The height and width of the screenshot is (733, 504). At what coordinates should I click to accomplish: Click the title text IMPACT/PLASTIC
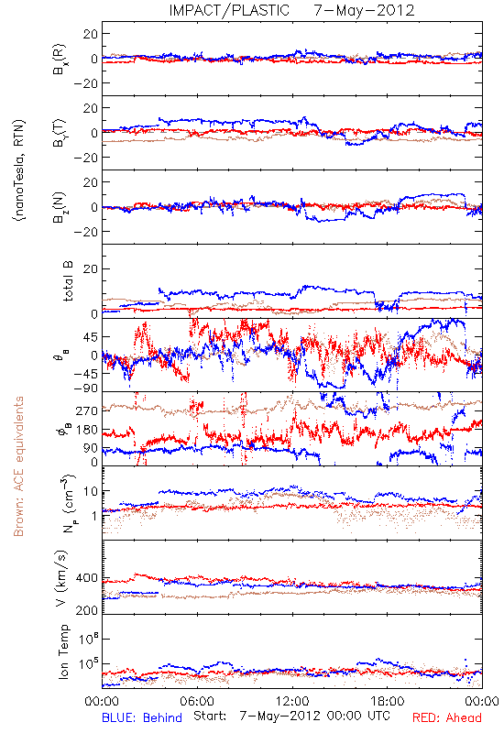(229, 10)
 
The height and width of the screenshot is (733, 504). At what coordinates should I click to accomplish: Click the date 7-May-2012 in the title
(364, 10)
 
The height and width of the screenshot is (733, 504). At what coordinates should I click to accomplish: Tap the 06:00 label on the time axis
(197, 701)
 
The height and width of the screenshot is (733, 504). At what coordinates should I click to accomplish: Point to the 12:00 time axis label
(292, 701)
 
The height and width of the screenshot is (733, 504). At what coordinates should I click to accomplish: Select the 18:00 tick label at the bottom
(388, 701)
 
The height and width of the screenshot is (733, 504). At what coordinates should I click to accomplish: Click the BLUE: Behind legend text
(142, 718)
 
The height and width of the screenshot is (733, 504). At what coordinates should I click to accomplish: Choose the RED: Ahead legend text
(447, 718)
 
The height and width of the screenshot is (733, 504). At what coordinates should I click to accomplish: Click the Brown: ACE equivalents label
(18, 466)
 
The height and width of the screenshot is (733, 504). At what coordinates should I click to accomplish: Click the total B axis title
(68, 281)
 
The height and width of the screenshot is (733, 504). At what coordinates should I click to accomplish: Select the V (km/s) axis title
(61, 578)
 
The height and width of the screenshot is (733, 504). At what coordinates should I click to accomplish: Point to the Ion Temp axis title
(64, 651)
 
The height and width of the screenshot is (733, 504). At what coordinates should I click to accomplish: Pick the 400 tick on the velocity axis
(86, 578)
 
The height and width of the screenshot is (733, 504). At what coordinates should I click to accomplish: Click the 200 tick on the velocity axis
(86, 610)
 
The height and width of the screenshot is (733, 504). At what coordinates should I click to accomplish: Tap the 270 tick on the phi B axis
(86, 410)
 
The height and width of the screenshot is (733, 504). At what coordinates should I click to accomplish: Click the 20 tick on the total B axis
(91, 268)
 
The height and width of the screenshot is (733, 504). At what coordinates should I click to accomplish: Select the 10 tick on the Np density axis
(91, 491)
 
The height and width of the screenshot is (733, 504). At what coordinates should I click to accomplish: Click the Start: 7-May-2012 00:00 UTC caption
(291, 717)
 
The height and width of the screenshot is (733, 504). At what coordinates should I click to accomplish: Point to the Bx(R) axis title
(60, 60)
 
